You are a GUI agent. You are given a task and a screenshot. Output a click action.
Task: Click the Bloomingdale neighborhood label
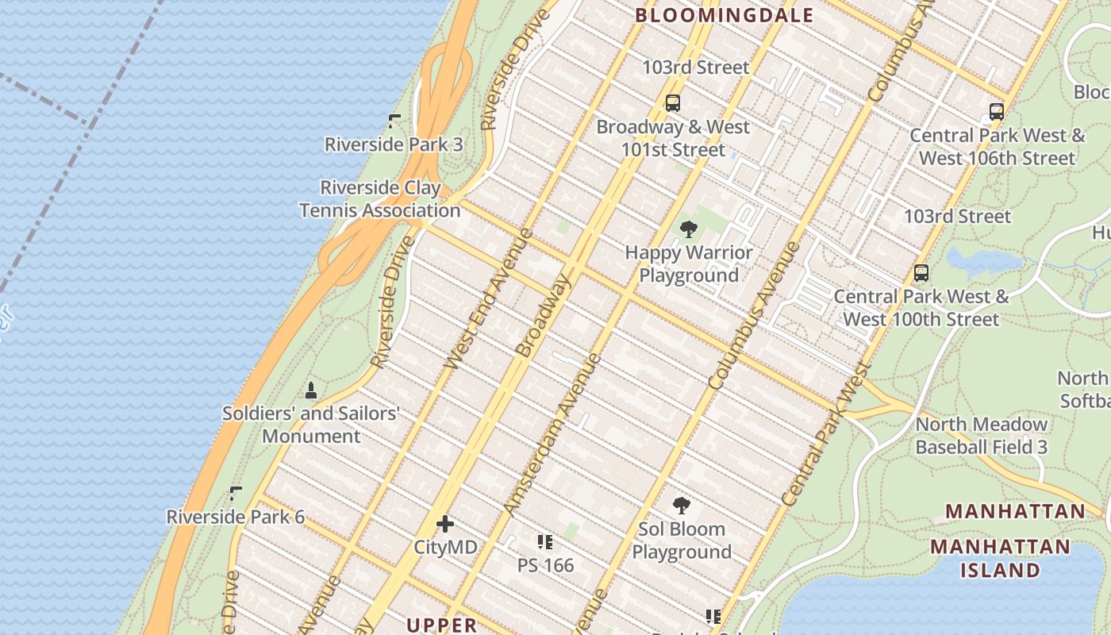pyautogui.click(x=724, y=15)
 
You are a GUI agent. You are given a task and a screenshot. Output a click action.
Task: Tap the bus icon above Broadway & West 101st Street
pyautogui.click(x=673, y=102)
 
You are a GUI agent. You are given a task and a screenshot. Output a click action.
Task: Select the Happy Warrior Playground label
pyautogui.click(x=689, y=264)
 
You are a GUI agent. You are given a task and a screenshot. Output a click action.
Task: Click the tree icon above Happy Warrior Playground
pyautogui.click(x=688, y=230)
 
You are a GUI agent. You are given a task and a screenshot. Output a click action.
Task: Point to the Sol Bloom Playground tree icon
pyautogui.click(x=681, y=506)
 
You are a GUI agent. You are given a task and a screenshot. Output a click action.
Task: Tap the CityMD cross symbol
pyautogui.click(x=445, y=523)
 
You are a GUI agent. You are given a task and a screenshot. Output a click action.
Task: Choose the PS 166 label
pyautogui.click(x=545, y=565)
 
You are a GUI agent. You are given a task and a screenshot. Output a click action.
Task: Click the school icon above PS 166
pyautogui.click(x=544, y=543)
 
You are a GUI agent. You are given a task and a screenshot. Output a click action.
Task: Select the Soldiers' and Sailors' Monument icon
pyautogui.click(x=310, y=391)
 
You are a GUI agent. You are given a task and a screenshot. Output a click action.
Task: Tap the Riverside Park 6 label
pyautogui.click(x=235, y=517)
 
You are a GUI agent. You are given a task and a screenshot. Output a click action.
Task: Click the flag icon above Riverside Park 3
pyautogui.click(x=394, y=121)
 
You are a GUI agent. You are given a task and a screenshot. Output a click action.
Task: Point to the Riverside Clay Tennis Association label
pyautogui.click(x=379, y=199)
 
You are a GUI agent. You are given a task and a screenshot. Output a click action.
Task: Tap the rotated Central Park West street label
pyautogui.click(x=825, y=434)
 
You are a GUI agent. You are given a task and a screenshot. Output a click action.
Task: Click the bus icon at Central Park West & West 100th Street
pyautogui.click(x=921, y=273)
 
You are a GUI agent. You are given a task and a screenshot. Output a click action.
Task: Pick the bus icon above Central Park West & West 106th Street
pyautogui.click(x=997, y=112)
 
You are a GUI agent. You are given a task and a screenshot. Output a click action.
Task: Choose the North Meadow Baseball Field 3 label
pyautogui.click(x=981, y=436)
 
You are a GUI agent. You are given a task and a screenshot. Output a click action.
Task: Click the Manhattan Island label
pyautogui.click(x=1000, y=559)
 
